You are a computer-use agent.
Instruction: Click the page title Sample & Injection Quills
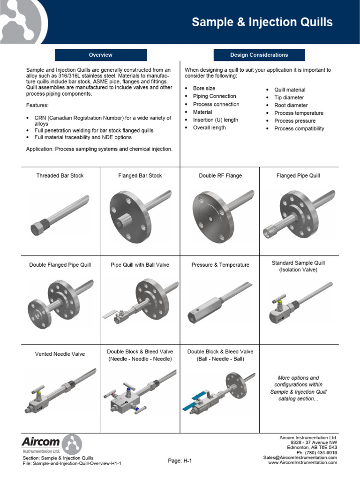click(262, 22)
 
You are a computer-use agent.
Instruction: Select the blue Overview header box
click(101, 55)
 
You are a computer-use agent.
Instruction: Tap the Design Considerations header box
click(259, 55)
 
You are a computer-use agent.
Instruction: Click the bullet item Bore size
click(204, 88)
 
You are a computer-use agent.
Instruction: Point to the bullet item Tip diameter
click(289, 97)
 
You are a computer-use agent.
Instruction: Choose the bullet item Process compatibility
click(299, 128)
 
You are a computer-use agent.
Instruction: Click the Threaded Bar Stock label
click(60, 176)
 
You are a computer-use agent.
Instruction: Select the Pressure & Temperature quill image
click(219, 302)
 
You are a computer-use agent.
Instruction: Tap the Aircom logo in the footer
click(52, 444)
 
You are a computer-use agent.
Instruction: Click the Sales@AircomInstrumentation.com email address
click(300, 457)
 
